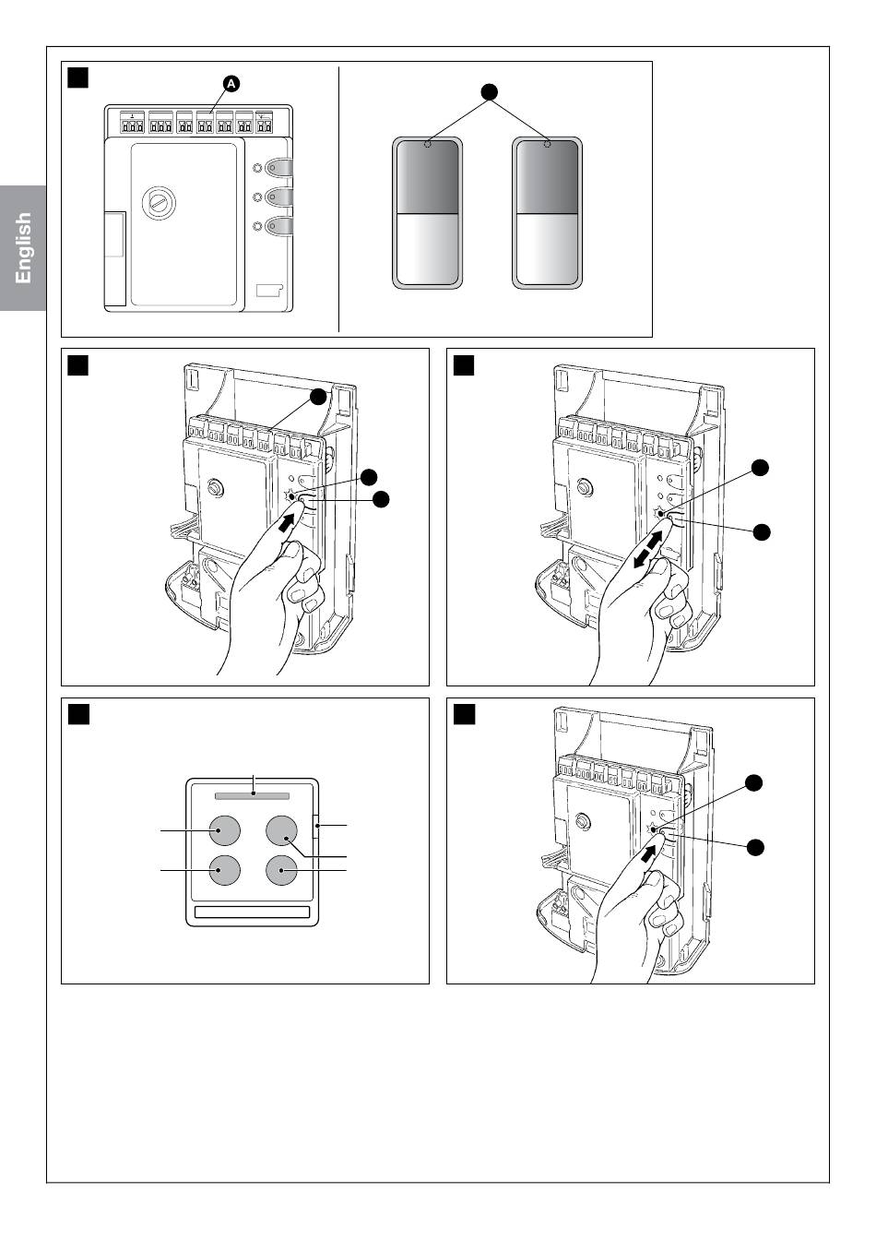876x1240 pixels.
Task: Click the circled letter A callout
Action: pyautogui.click(x=231, y=84)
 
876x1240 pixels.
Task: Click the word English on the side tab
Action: pyautogui.click(x=23, y=247)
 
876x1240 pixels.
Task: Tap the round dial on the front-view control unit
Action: pyautogui.click(x=159, y=204)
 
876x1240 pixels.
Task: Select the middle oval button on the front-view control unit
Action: pyautogui.click(x=278, y=197)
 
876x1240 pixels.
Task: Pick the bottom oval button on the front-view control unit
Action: pyautogui.click(x=278, y=226)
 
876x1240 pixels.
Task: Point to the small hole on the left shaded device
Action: pyautogui.click(x=427, y=145)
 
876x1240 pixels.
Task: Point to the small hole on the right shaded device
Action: pyautogui.click(x=548, y=145)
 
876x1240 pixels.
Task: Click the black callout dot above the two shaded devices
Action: pyautogui.click(x=490, y=92)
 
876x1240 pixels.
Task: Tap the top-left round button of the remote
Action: pyautogui.click(x=225, y=830)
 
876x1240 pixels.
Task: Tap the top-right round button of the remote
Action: pyautogui.click(x=281, y=830)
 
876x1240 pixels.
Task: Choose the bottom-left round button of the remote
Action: pyautogui.click(x=225, y=870)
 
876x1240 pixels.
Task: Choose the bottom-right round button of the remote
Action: pyautogui.click(x=281, y=870)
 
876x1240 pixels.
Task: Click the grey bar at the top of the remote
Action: pyautogui.click(x=253, y=796)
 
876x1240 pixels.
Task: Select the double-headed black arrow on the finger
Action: pyautogui.click(x=647, y=549)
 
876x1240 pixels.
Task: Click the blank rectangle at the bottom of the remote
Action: pyautogui.click(x=253, y=912)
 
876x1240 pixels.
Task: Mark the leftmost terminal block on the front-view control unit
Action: pyautogui.click(x=133, y=123)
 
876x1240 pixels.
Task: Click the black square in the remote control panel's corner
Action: pyautogui.click(x=78, y=715)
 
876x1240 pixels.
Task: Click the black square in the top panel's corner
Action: pyautogui.click(x=78, y=77)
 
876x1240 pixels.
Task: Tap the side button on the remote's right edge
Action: pyautogui.click(x=316, y=826)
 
